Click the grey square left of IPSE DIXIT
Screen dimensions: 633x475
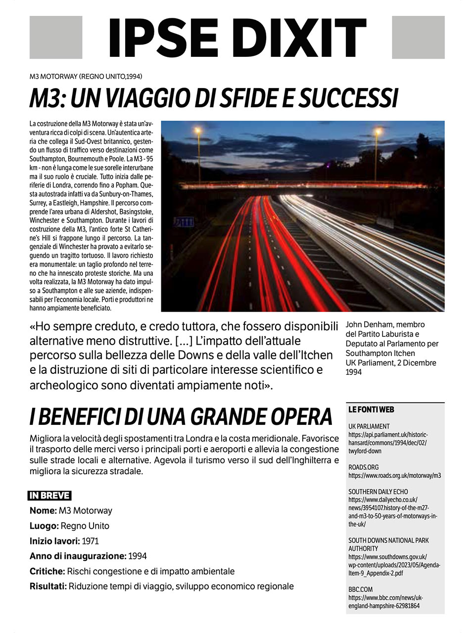click(56, 38)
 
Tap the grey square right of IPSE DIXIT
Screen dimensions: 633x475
click(418, 38)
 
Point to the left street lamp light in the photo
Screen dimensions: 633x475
click(198, 131)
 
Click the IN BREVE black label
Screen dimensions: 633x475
click(50, 496)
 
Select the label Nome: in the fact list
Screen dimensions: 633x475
click(43, 510)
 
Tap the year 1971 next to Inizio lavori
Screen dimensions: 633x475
click(91, 541)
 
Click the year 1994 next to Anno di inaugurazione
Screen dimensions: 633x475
click(137, 556)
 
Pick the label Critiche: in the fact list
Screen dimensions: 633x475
click(47, 571)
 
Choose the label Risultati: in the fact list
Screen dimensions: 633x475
click(48, 587)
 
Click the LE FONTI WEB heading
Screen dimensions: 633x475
click(371, 409)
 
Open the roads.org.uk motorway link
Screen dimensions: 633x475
click(394, 475)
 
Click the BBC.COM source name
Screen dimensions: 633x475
click(361, 589)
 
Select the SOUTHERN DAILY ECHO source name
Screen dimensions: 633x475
click(378, 492)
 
